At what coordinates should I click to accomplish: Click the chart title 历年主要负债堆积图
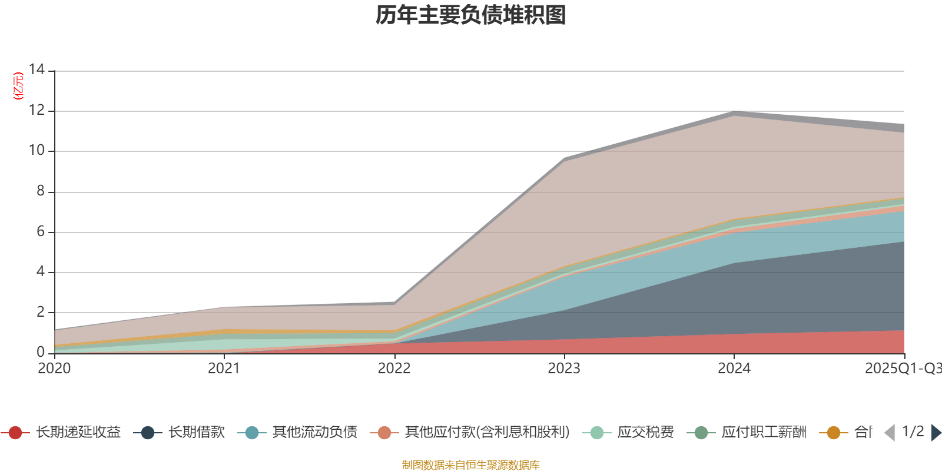[x=471, y=15]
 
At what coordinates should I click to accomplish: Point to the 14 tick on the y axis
[x=37, y=69]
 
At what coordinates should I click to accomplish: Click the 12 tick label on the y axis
[x=37, y=110]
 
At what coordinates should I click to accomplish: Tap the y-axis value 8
[x=40, y=191]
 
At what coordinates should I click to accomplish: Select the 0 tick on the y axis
[x=40, y=352]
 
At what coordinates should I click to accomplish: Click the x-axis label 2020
[x=54, y=369]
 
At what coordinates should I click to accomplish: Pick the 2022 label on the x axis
[x=394, y=369]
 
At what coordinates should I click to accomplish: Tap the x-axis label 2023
[x=564, y=369]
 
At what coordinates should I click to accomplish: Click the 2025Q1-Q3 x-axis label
[x=902, y=369]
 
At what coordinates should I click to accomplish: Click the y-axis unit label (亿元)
[x=18, y=86]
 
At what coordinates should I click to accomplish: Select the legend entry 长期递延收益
[x=78, y=433]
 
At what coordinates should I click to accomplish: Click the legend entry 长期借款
[x=197, y=433]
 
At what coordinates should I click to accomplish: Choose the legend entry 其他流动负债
[x=314, y=433]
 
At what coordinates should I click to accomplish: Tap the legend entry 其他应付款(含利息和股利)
[x=487, y=433]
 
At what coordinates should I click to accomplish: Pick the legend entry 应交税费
[x=645, y=433]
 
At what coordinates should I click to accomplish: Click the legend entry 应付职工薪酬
[x=764, y=433]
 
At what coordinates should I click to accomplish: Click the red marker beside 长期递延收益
[x=15, y=433]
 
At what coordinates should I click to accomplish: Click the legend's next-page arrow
[x=936, y=433]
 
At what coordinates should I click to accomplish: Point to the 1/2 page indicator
[x=913, y=432]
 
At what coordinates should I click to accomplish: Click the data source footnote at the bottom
[x=471, y=465]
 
